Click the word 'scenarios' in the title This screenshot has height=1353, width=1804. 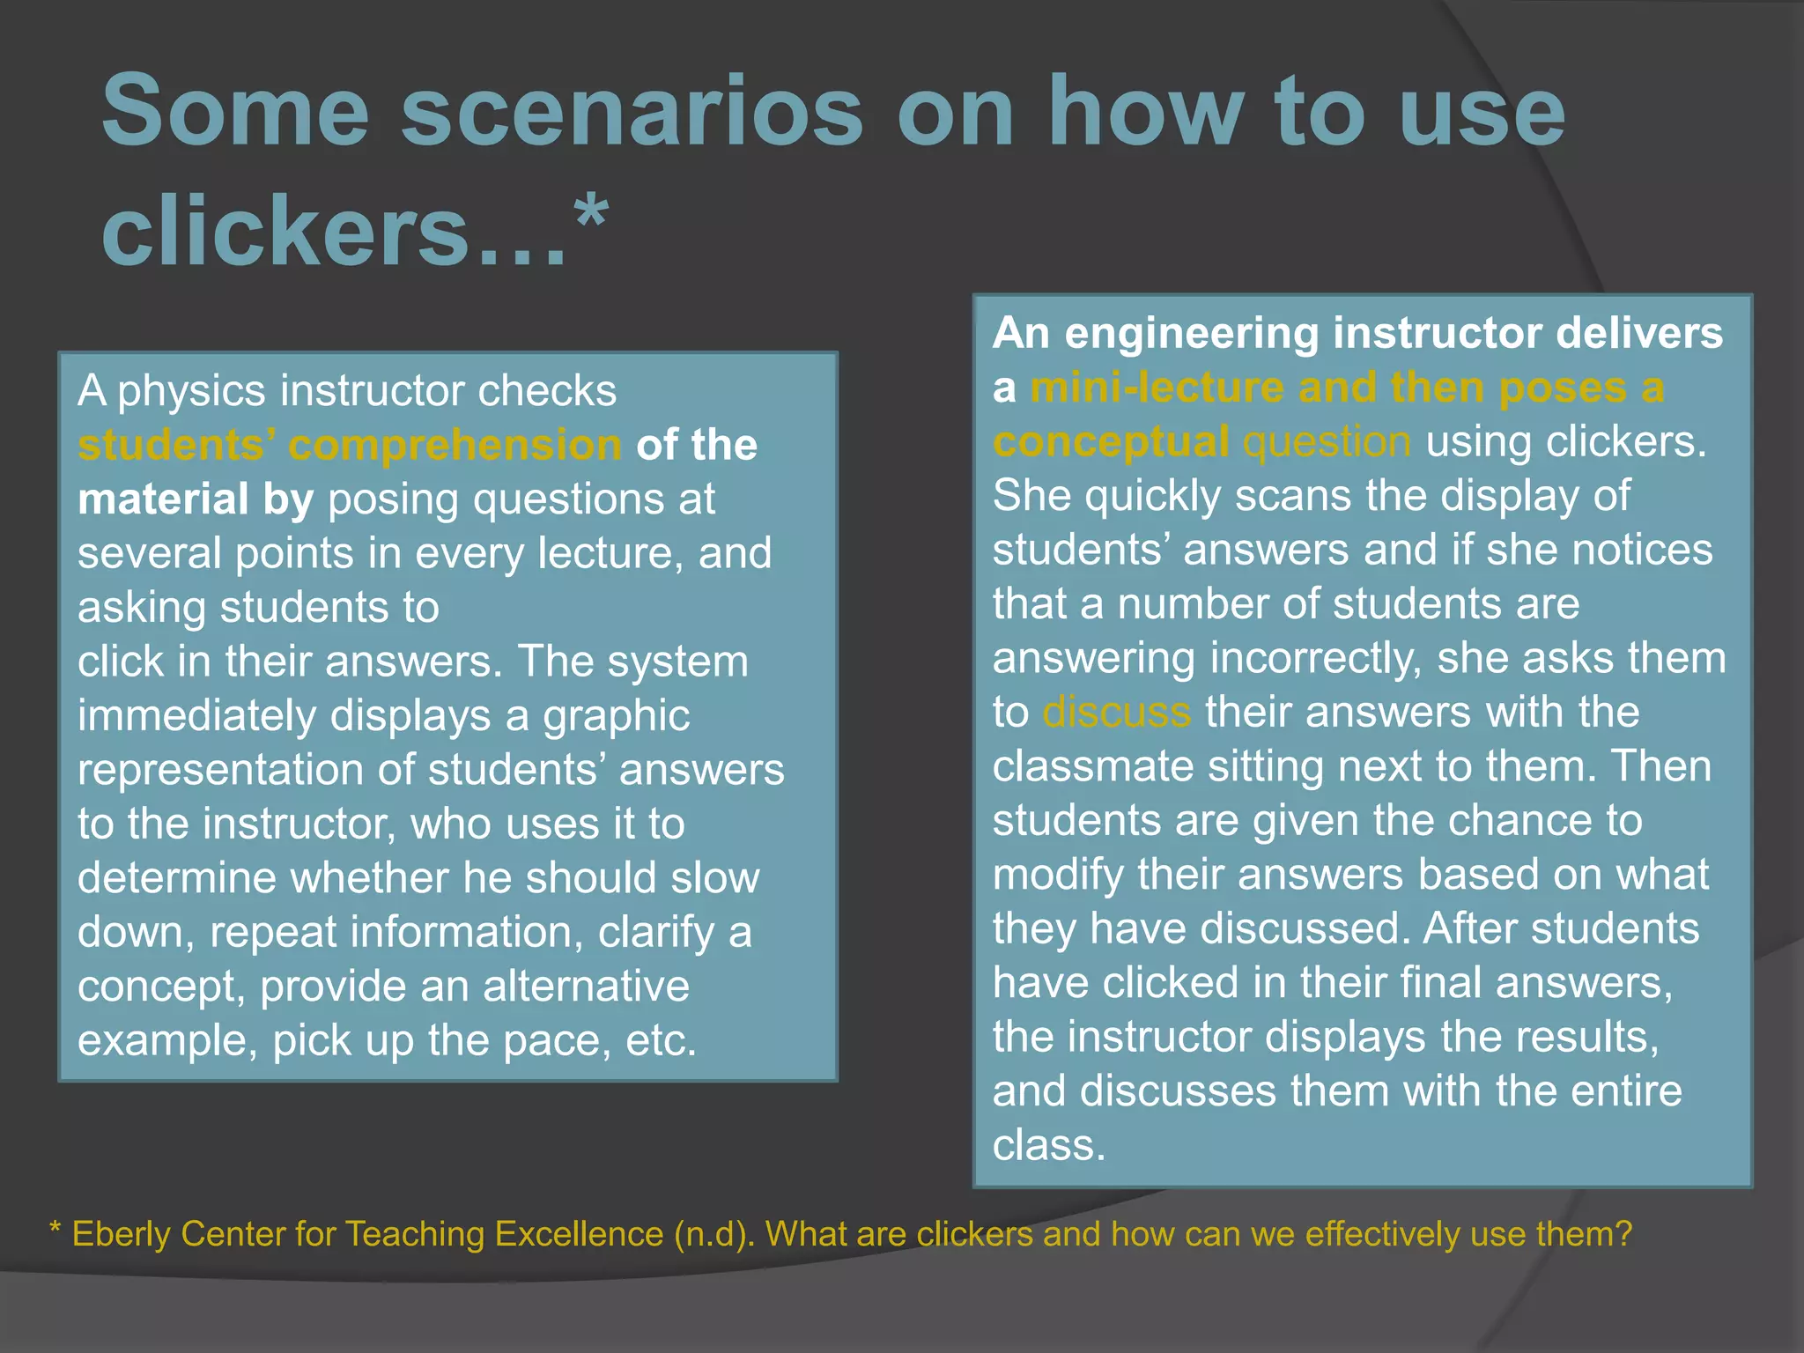coord(632,113)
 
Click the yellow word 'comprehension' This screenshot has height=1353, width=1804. coord(455,445)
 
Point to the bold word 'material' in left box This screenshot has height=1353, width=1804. coord(163,499)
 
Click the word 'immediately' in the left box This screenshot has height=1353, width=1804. coord(196,715)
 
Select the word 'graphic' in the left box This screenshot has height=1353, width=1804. coord(616,715)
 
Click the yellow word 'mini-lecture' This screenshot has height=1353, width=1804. coord(1157,388)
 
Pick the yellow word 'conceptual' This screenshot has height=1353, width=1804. coord(1111,441)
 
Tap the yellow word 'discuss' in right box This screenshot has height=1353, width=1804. coord(1116,712)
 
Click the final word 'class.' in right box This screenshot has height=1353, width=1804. coord(1048,1145)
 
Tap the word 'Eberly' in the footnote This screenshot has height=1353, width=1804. coord(120,1234)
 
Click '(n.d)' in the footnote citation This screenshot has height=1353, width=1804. coord(713,1234)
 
